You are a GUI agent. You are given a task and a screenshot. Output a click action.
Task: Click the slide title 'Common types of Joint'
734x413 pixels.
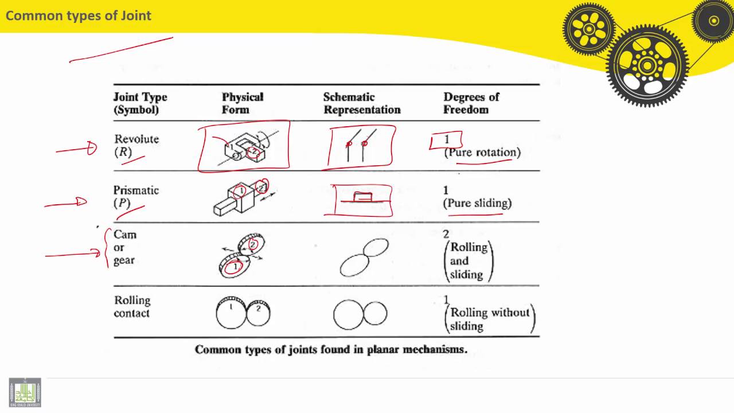[x=79, y=15]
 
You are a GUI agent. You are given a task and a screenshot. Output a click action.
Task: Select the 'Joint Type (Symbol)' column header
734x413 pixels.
[x=140, y=103]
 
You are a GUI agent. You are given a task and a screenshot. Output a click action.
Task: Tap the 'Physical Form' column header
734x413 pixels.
[x=242, y=103]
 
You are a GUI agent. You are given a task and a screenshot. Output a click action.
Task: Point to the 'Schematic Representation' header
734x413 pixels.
[x=361, y=103]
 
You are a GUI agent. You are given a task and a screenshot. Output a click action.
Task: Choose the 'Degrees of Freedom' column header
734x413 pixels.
[x=471, y=103]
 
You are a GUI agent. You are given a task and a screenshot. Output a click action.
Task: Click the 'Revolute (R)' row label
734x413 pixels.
[x=136, y=146]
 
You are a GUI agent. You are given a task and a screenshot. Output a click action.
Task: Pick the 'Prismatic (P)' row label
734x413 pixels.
[x=135, y=196]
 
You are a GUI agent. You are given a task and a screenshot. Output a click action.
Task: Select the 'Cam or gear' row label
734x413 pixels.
[x=125, y=247]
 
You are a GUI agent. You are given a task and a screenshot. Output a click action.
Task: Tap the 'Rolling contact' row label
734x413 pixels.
[x=132, y=306]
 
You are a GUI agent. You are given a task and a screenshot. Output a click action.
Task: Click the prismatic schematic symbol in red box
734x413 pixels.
[x=363, y=198]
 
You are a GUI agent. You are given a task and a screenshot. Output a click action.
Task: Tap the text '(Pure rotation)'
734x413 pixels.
[x=482, y=153]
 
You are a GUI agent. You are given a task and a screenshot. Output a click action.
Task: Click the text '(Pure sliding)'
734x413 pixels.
[x=478, y=203]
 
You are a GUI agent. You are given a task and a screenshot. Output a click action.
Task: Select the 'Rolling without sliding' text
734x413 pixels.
[x=490, y=319]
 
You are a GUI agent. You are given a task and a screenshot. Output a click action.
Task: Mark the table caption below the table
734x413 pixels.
[x=331, y=349]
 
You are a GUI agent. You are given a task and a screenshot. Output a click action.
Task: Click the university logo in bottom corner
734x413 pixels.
[x=25, y=392]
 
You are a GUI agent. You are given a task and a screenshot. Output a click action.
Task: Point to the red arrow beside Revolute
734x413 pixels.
[x=77, y=150]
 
